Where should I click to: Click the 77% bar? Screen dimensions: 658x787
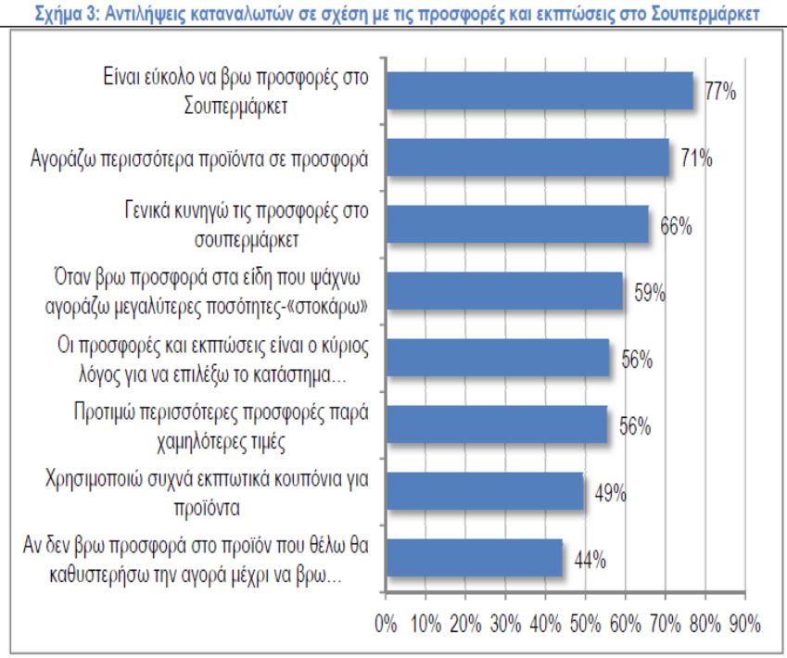pos(539,91)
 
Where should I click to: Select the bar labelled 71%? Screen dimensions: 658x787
pos(527,158)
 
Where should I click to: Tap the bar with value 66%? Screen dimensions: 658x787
pos(516,224)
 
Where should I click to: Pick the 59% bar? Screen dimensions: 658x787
pos(503,290)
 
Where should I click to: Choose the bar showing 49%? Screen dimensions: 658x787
pos(484,491)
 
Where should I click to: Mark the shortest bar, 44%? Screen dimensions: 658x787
pos(474,558)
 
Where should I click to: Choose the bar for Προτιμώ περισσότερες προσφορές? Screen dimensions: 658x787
pos(496,424)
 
